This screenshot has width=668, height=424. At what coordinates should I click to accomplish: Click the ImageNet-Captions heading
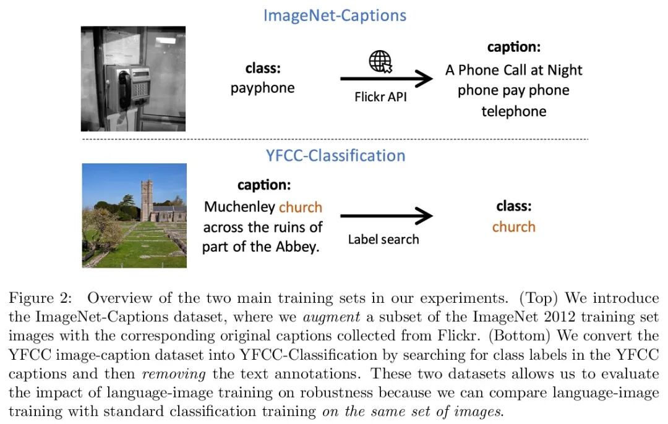click(x=335, y=15)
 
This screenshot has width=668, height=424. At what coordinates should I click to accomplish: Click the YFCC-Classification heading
click(x=335, y=155)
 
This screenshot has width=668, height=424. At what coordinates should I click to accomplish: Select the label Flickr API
click(x=380, y=97)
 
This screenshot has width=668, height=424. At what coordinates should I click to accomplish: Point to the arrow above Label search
click(x=386, y=216)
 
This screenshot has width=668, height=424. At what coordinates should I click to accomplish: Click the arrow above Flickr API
click(x=386, y=78)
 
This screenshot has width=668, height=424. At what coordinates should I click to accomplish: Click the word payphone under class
click(x=262, y=88)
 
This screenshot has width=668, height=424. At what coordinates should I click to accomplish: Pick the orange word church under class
click(x=513, y=227)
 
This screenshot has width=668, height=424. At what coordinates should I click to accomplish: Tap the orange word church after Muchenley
click(x=300, y=207)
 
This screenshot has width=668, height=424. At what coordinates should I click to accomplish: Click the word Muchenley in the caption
click(x=239, y=207)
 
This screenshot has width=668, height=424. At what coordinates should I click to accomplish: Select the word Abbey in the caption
click(x=299, y=247)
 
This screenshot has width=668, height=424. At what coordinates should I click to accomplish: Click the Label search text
click(x=383, y=239)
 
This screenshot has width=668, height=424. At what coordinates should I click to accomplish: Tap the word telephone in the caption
click(x=513, y=111)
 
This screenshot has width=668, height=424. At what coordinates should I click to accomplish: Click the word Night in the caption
click(x=565, y=70)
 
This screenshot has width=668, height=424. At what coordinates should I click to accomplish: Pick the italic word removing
click(x=181, y=375)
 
